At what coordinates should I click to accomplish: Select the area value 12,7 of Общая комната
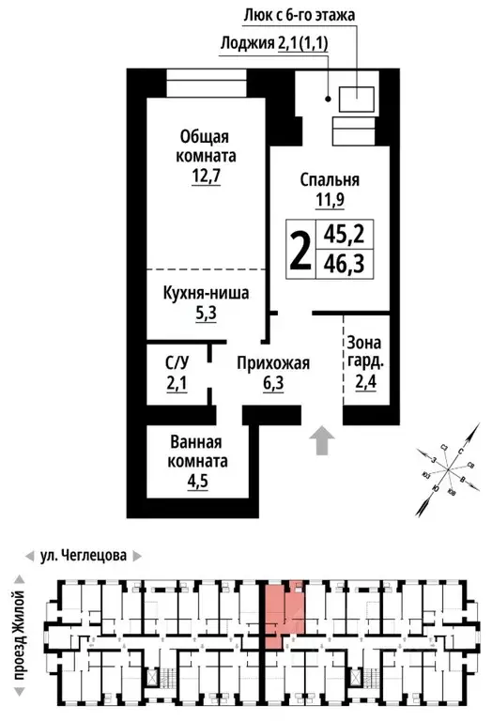(205, 176)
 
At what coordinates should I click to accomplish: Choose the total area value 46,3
(342, 264)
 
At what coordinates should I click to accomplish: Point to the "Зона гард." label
(365, 351)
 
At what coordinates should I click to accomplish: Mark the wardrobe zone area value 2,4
(365, 382)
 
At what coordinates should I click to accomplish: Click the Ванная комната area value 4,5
(198, 485)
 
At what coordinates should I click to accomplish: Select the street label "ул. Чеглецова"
(83, 555)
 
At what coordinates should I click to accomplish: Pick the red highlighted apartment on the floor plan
(282, 612)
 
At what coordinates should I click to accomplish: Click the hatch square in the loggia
(357, 97)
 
